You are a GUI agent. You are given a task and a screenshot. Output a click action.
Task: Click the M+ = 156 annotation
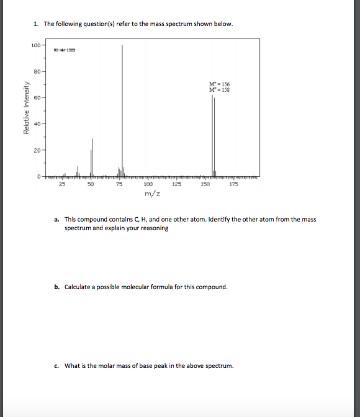(220, 84)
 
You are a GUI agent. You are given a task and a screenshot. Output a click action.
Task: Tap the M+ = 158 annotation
(220, 90)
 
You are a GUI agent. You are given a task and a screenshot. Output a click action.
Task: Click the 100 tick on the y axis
(35, 45)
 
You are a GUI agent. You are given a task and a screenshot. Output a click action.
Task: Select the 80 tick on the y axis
(37, 72)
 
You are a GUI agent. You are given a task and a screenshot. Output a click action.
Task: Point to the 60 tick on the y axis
(37, 98)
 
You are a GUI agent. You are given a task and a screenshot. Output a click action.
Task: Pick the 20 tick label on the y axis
(37, 150)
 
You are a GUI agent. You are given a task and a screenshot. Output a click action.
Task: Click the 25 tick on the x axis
(61, 184)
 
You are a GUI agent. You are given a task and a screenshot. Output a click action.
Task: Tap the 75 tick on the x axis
(119, 184)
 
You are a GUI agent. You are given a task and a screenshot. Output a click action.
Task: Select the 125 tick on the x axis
(176, 184)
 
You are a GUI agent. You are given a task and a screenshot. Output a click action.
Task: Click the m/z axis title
(151, 194)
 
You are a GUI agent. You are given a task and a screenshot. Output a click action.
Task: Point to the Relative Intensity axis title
(26, 109)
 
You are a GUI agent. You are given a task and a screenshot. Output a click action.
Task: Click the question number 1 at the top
(37, 24)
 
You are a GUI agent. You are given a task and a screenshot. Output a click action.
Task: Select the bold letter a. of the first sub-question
(57, 220)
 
